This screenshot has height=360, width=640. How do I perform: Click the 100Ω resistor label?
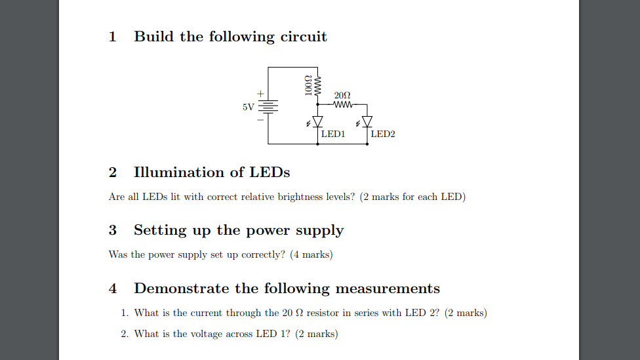[308, 87]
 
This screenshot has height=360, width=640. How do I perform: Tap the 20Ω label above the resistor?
[343, 96]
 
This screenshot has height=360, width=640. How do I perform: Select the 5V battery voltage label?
[248, 107]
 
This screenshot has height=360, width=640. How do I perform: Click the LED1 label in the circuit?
[333, 134]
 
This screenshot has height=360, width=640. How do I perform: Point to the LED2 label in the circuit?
[383, 134]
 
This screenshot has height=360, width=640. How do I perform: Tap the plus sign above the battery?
[260, 94]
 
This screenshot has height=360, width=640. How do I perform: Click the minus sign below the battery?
[260, 120]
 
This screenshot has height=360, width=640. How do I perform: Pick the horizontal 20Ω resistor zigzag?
[344, 104]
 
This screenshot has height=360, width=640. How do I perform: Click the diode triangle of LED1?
[318, 121]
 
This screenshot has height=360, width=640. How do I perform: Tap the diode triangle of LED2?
[367, 121]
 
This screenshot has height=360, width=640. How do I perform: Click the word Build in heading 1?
[154, 37]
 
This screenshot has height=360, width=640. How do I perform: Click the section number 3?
[113, 230]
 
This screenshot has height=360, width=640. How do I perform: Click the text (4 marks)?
[311, 254]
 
